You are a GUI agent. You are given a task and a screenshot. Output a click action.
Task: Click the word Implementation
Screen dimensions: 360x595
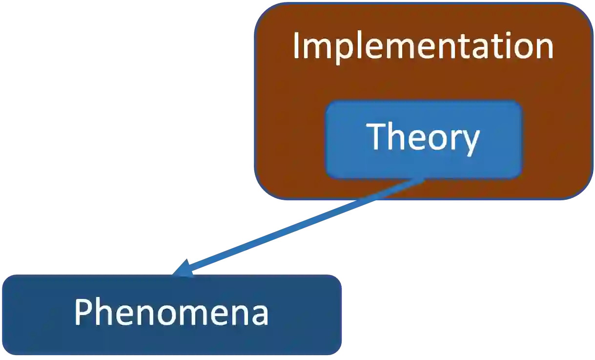click(423, 47)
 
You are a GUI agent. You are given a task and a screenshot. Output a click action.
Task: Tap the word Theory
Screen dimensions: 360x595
click(423, 137)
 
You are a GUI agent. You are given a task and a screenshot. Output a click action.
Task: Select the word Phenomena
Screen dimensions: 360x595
click(171, 313)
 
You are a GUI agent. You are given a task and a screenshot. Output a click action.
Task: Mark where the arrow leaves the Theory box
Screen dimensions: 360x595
click(421, 180)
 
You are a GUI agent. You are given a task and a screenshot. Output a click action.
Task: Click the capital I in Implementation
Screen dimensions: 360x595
click(296, 47)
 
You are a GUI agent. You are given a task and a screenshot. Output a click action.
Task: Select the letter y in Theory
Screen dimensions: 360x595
click(470, 142)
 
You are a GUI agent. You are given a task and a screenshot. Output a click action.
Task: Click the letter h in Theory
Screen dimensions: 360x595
click(397, 137)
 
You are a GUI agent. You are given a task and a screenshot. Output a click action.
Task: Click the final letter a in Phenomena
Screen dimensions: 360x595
click(259, 315)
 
